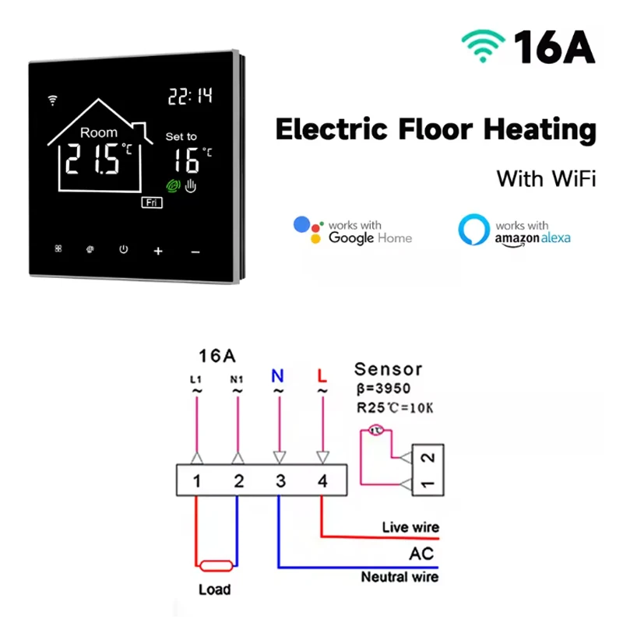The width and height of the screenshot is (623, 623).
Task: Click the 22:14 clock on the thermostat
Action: pos(190,97)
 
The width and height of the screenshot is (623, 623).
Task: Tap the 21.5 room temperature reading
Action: pos(93,160)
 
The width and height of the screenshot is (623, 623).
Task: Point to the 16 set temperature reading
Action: pos(188,160)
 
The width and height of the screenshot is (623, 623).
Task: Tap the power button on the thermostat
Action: pos(123,249)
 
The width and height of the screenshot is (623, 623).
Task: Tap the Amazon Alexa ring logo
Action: pos(473,230)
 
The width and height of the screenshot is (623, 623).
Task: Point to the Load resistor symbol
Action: pos(216,567)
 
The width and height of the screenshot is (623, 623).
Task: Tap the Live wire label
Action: pos(410,527)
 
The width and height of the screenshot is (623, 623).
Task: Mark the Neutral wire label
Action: pos(399,577)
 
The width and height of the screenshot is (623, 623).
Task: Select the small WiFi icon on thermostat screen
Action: pos(53,100)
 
